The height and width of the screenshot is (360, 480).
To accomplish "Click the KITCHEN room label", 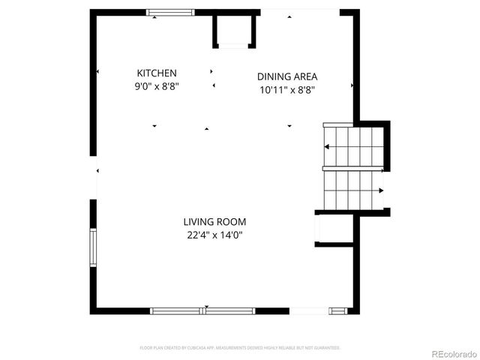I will [x=157, y=73].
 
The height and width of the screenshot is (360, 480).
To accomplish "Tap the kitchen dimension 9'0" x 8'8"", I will [x=157, y=86].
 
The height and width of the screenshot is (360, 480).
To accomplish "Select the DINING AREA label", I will [x=287, y=76].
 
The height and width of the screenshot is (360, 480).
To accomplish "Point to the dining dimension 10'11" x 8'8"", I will [x=287, y=89].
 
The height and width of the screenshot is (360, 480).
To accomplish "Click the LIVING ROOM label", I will [x=214, y=222].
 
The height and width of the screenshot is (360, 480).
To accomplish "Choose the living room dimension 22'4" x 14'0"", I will [x=214, y=235].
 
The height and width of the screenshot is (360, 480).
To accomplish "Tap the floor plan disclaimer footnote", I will [x=240, y=348].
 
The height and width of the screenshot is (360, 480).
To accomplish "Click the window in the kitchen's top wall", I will [x=169, y=12].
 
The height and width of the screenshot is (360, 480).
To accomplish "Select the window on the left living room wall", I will [x=93, y=247].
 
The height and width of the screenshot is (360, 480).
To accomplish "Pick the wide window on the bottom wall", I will [x=203, y=310].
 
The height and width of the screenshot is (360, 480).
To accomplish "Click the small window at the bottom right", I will [x=338, y=310].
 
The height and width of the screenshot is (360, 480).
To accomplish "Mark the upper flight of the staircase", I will [x=353, y=145].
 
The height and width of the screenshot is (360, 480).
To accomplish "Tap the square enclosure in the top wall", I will [x=235, y=31].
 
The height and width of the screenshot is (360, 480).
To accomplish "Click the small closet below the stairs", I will [x=334, y=229].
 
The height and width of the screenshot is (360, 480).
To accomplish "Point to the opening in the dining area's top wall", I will [x=300, y=12].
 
